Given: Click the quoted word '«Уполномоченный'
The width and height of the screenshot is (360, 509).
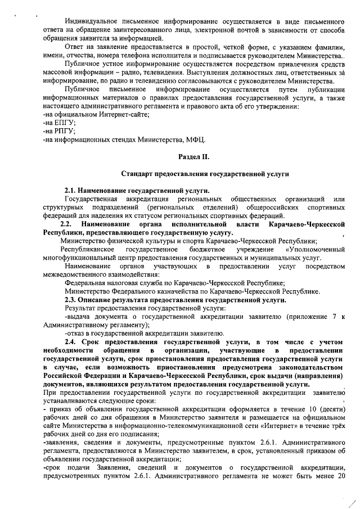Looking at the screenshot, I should point(314,249).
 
